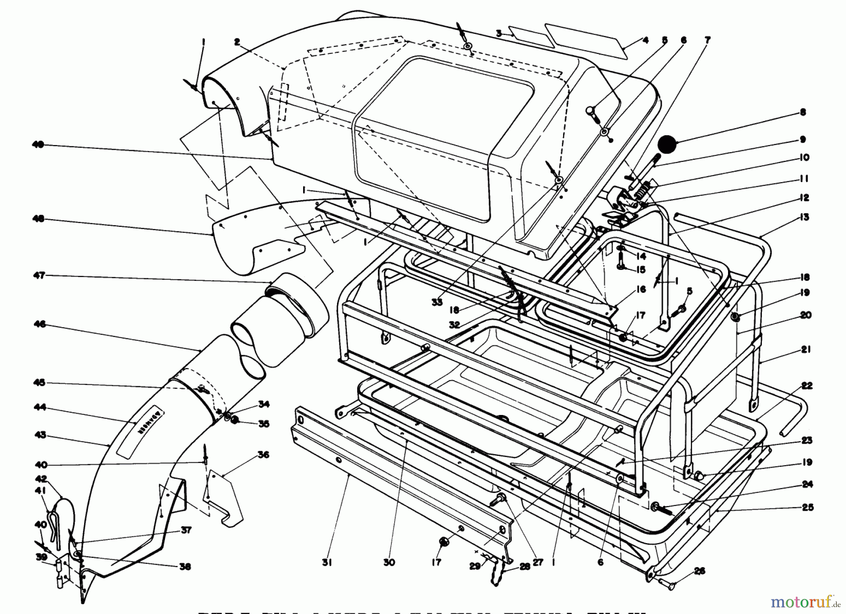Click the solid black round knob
(668, 144)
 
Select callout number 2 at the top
(237, 42)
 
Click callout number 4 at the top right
(645, 40)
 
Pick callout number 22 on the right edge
(807, 385)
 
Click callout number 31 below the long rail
(327, 562)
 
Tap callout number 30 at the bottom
(389, 562)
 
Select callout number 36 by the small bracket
(263, 454)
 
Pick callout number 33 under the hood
(437, 303)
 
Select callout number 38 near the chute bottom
(185, 567)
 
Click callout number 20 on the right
(806, 315)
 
